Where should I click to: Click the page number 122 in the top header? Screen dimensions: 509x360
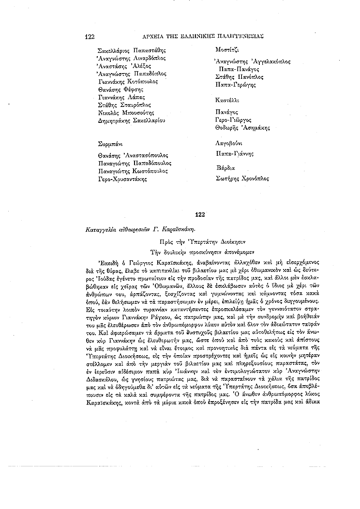pyautogui.click(x=89, y=36)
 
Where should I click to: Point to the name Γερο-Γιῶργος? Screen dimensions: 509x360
pyautogui.click(x=236, y=120)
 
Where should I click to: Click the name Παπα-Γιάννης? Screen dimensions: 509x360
pyautogui.click(x=235, y=153)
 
